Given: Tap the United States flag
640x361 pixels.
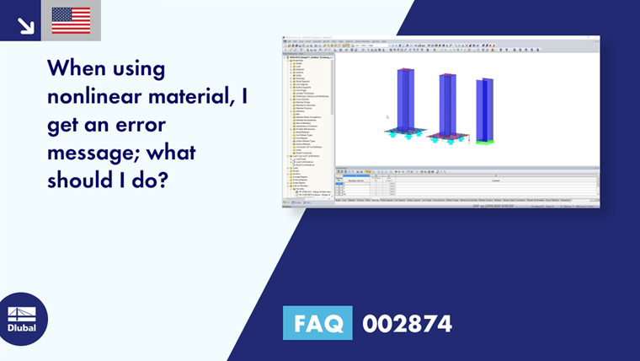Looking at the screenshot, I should coord(71,20).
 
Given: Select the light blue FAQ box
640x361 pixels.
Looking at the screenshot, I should coord(317,323).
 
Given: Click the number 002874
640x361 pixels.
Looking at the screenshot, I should coord(407,323).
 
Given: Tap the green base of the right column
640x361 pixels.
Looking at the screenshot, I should coord(483,142).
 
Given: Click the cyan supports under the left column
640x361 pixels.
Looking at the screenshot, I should coord(408,136).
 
